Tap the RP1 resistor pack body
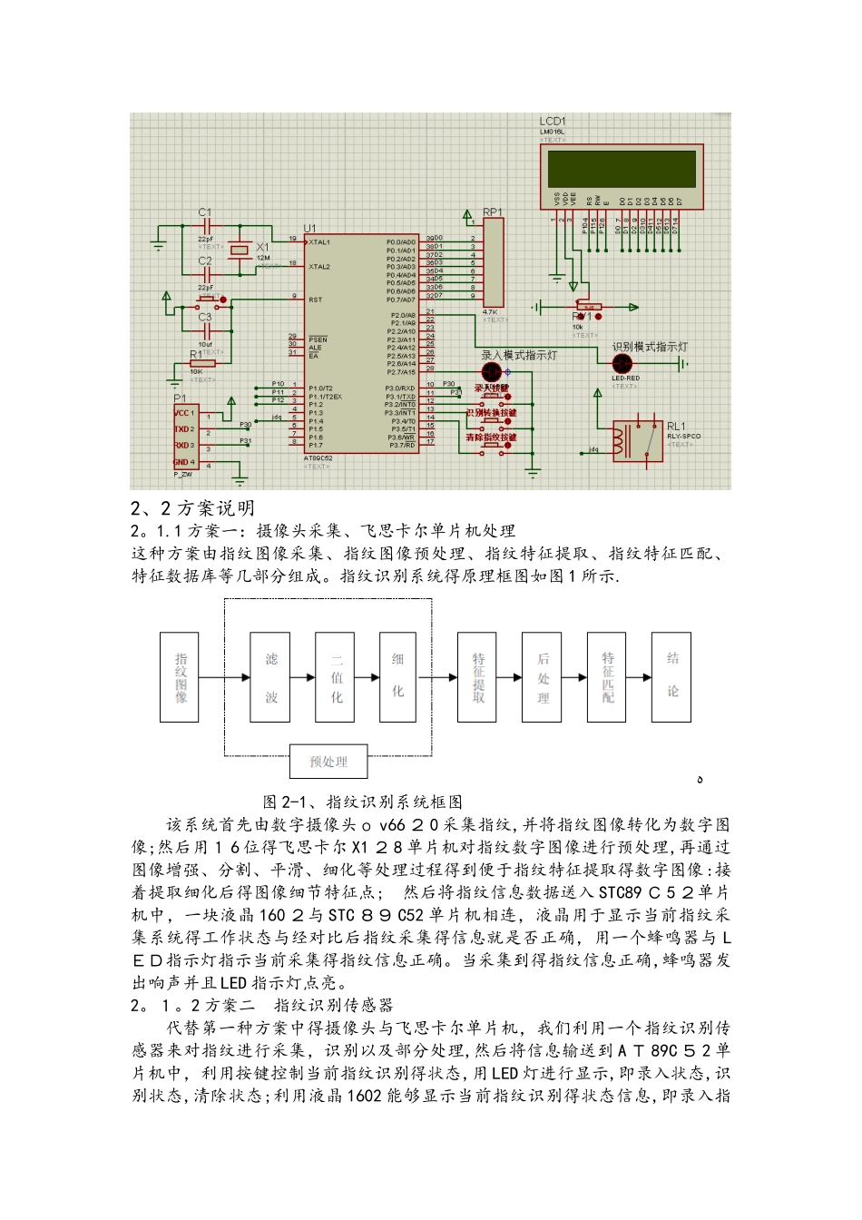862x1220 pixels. click(493, 263)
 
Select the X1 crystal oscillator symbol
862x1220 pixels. click(239, 250)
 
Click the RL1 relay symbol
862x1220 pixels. click(637, 440)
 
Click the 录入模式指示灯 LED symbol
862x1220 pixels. click(491, 372)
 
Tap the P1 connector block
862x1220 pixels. click(184, 437)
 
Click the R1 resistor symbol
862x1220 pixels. click(202, 364)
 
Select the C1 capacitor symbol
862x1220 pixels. click(206, 223)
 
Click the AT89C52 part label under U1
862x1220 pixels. click(318, 458)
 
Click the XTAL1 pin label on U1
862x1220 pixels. click(319, 242)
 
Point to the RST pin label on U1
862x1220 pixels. click(315, 299)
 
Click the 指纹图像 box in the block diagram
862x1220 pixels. click(180, 677)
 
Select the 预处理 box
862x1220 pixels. click(328, 762)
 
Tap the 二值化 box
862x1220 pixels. click(336, 677)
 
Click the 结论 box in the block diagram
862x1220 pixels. click(671, 677)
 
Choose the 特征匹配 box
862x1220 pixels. click(607, 677)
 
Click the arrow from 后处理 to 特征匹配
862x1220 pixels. click(574, 677)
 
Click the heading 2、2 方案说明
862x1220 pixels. click(192, 508)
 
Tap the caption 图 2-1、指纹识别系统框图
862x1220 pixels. click(362, 802)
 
